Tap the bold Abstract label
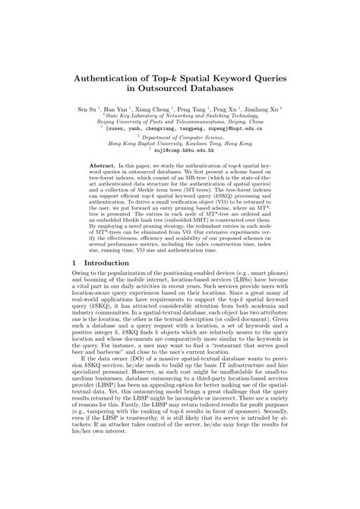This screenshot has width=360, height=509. pyautogui.click(x=103, y=164)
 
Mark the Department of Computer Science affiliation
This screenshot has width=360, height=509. pyautogui.click(x=180, y=138)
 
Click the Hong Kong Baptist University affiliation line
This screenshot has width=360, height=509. pyautogui.click(x=180, y=144)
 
